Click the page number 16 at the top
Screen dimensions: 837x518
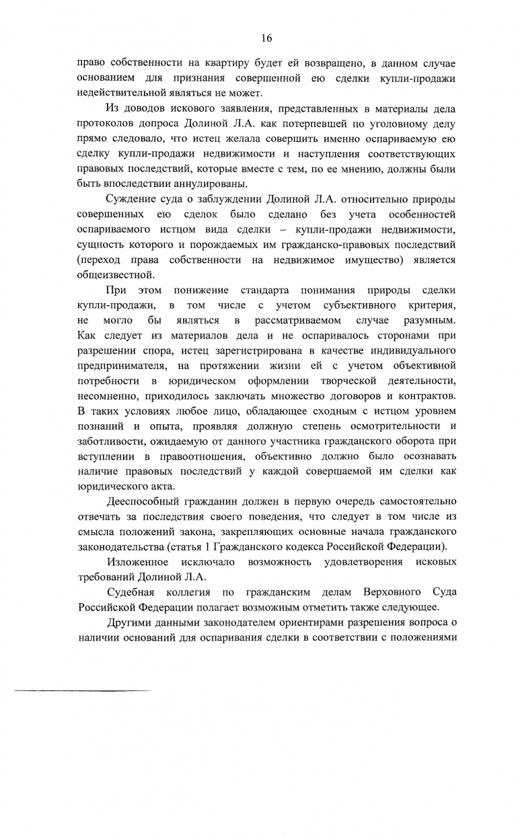point(259,37)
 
